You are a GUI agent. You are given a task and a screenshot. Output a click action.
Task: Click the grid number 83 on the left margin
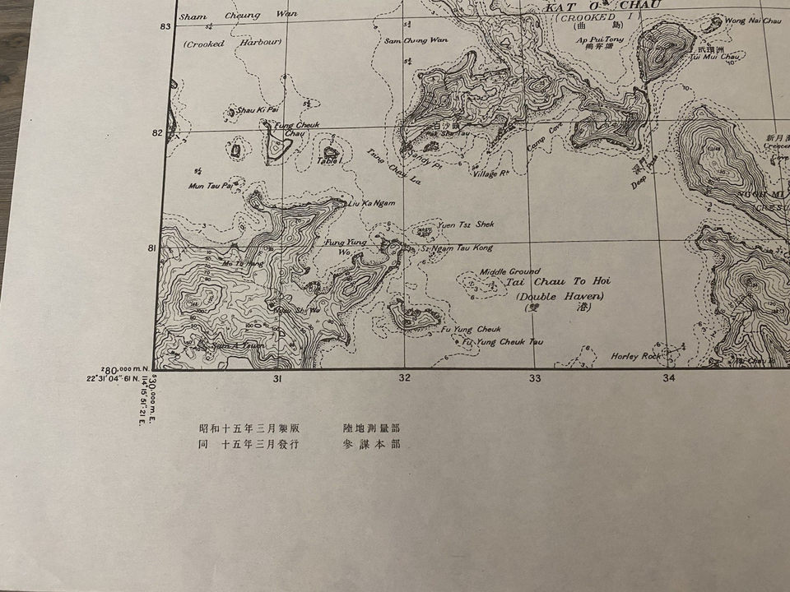click(165, 27)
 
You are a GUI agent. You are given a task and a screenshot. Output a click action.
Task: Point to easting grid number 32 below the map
click(404, 378)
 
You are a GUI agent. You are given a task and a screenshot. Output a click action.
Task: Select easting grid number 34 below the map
click(668, 378)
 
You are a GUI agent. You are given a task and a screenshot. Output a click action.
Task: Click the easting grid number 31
click(278, 378)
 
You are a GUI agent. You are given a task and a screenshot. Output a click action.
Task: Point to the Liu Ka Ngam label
click(372, 202)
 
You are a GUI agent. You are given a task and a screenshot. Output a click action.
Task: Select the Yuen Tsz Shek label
click(466, 224)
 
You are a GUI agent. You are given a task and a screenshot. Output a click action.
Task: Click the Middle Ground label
click(510, 271)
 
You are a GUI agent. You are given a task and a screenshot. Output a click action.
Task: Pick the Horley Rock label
click(635, 356)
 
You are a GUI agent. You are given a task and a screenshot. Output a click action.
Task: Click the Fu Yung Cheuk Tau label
click(502, 341)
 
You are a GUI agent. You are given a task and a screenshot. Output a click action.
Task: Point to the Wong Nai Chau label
click(753, 20)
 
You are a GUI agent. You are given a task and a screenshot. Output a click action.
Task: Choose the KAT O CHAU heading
click(602, 7)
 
